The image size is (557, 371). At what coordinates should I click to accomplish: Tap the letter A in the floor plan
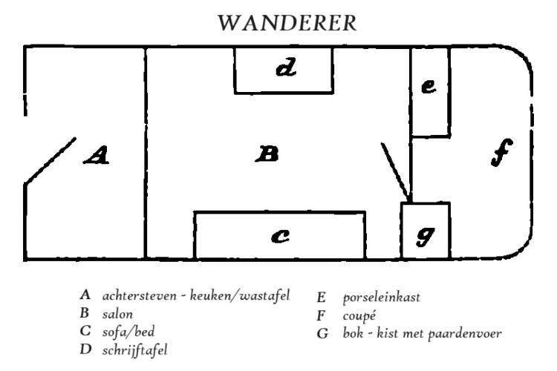(x=97, y=155)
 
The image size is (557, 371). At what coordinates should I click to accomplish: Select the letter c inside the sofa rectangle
(x=279, y=237)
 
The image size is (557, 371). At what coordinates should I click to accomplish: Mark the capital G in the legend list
(x=322, y=332)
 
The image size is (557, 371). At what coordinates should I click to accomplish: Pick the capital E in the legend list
(x=321, y=298)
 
